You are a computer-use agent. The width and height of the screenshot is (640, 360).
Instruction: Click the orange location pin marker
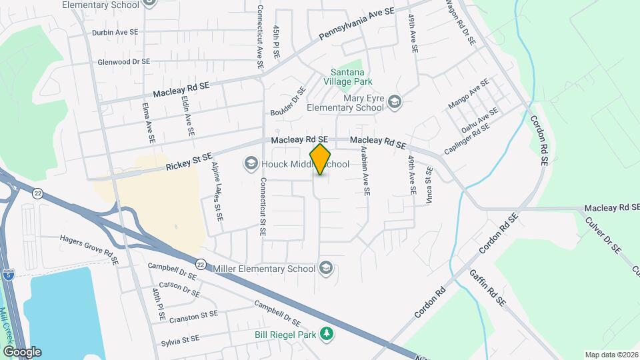click(x=321, y=159)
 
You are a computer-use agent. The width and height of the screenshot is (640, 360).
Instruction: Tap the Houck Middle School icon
click(x=251, y=163)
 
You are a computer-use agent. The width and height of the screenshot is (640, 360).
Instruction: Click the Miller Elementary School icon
click(x=325, y=269)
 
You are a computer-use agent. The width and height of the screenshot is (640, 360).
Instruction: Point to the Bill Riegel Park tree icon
click(x=326, y=333)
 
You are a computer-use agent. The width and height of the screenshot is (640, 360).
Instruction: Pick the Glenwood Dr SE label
click(x=123, y=61)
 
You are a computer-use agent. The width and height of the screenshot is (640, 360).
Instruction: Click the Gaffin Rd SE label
click(x=487, y=287)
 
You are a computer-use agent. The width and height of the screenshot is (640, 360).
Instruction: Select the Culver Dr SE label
click(x=603, y=237)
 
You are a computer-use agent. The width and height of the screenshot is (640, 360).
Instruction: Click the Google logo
click(x=22, y=351)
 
